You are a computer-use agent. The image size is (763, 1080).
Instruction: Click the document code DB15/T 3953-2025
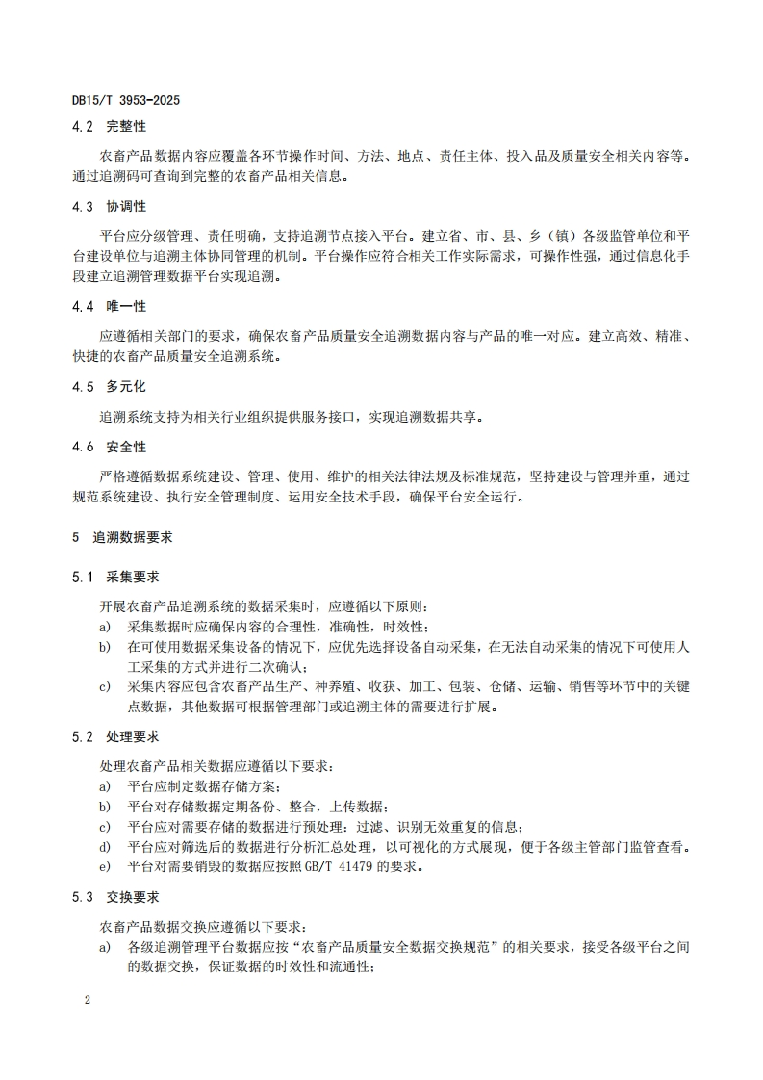(126, 100)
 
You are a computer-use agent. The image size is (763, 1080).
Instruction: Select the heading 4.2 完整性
(109, 126)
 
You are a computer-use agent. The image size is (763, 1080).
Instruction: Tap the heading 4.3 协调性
(109, 206)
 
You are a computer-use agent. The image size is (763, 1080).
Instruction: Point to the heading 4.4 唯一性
(109, 306)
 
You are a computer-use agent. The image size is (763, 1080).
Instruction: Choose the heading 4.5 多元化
(109, 387)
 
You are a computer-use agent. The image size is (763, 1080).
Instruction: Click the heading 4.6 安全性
(109, 448)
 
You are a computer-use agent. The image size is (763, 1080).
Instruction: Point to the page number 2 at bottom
(87, 1000)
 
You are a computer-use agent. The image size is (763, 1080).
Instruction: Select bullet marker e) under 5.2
(104, 866)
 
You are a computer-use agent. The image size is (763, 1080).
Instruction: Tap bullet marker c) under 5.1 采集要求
(104, 686)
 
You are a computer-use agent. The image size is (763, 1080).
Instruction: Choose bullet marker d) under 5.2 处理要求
(104, 847)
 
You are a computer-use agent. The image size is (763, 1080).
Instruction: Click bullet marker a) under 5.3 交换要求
(104, 948)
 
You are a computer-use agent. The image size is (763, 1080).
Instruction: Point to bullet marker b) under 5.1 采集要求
(104, 647)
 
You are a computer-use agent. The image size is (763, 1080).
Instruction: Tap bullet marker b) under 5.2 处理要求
(104, 807)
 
